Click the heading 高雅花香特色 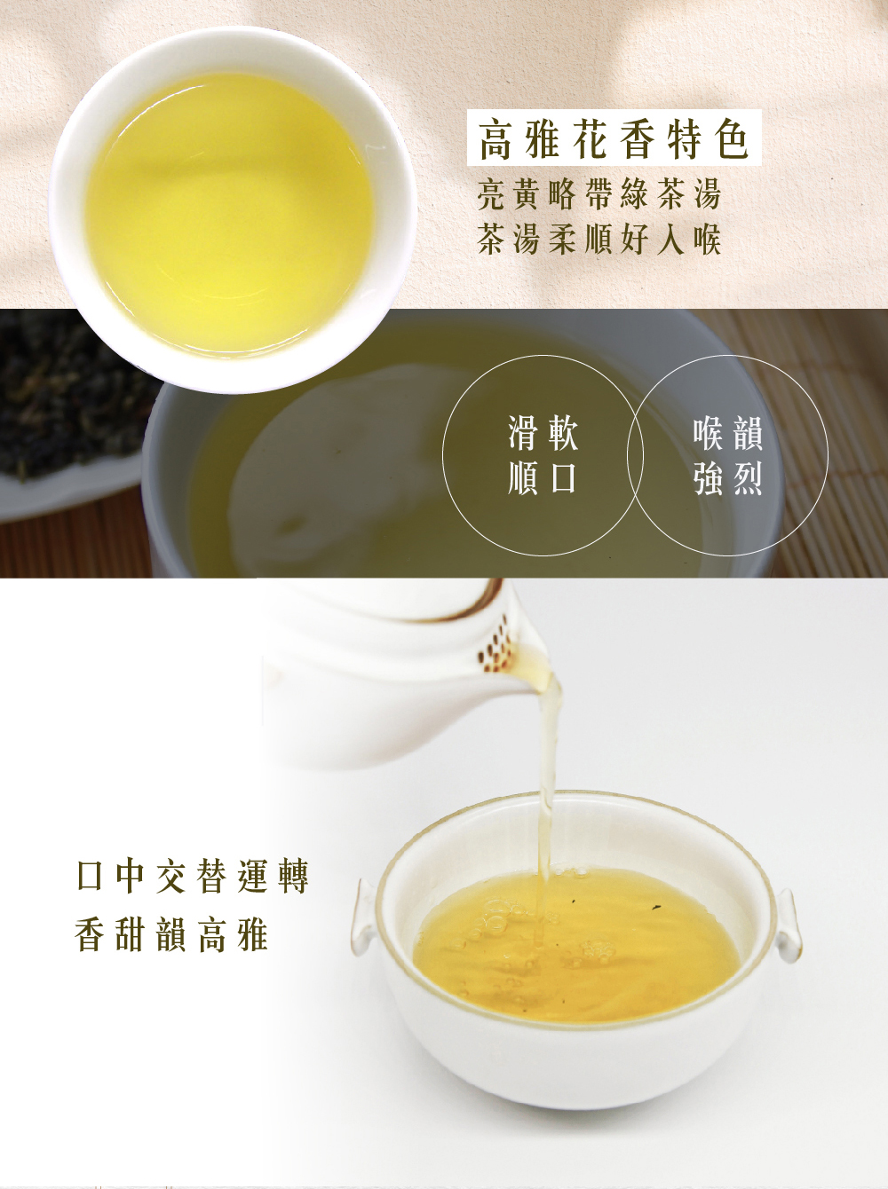[614, 138]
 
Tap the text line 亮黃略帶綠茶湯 [599, 193]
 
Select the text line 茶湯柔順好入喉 [599, 239]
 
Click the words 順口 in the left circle [543, 477]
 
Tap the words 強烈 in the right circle [728, 477]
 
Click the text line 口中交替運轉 [193, 877]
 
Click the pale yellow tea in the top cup [229, 213]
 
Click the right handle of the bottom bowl [789, 925]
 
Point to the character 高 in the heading [496, 139]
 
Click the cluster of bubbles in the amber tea [598, 949]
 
